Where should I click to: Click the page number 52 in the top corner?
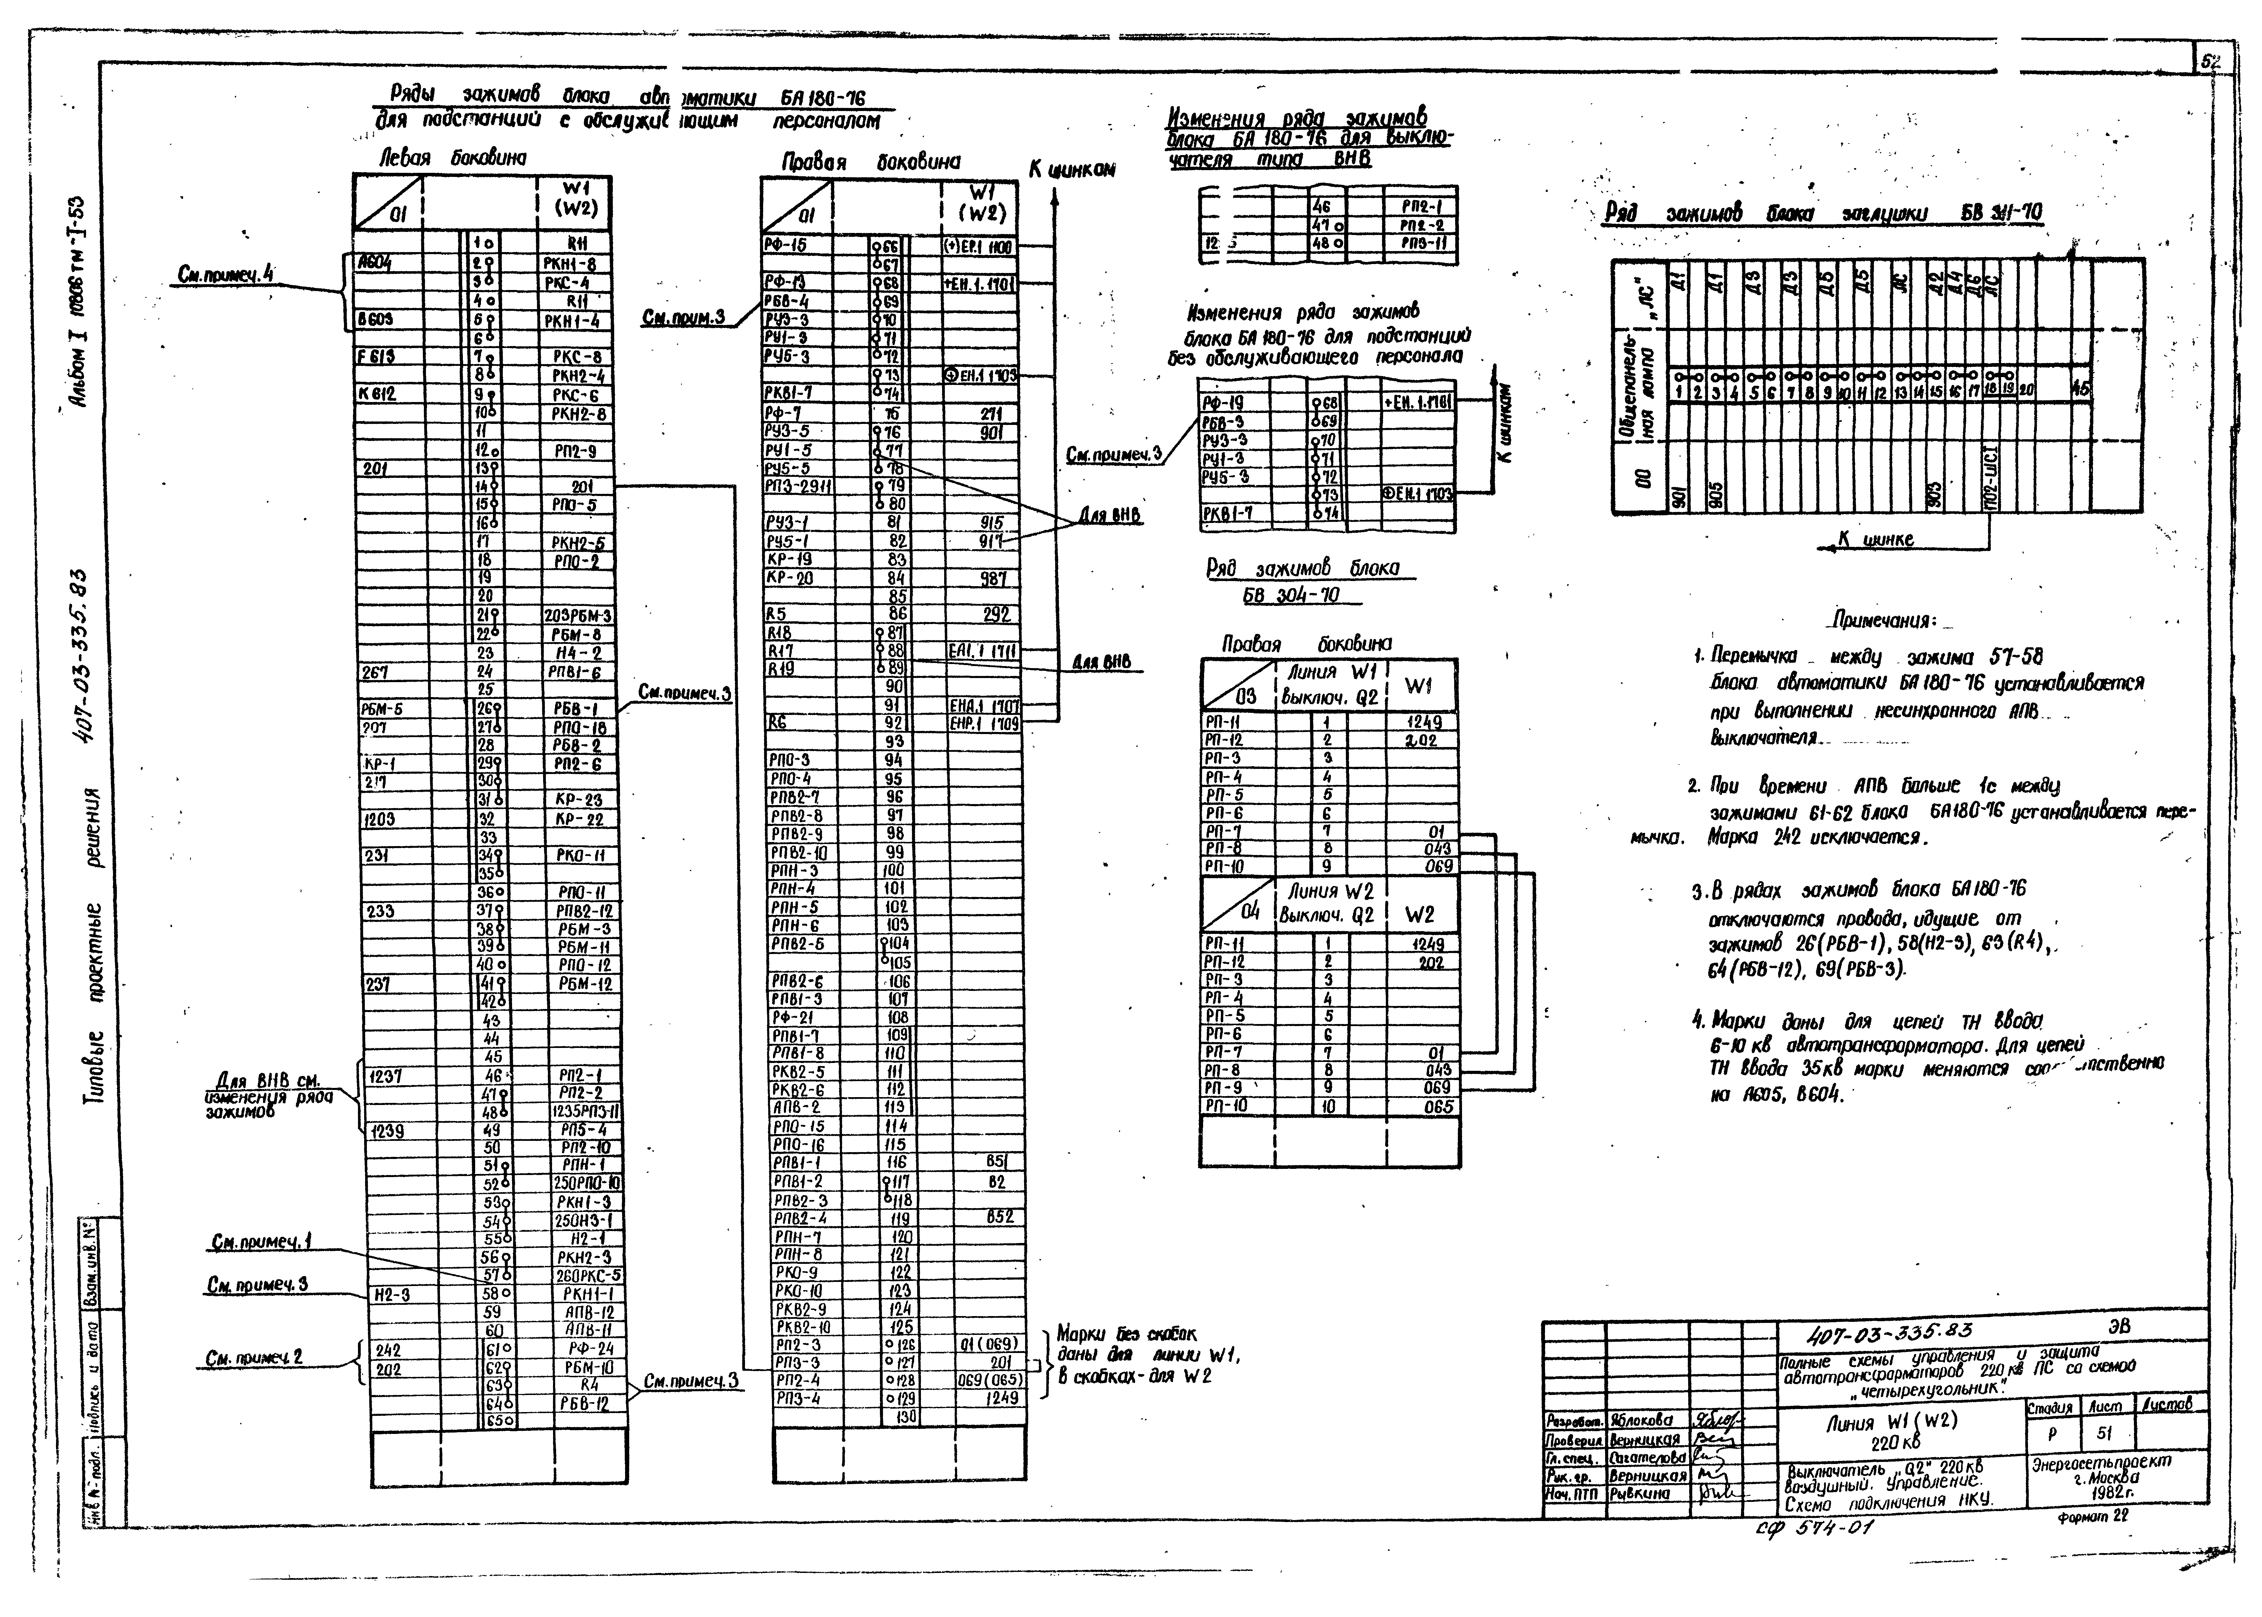pyautogui.click(x=2210, y=62)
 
